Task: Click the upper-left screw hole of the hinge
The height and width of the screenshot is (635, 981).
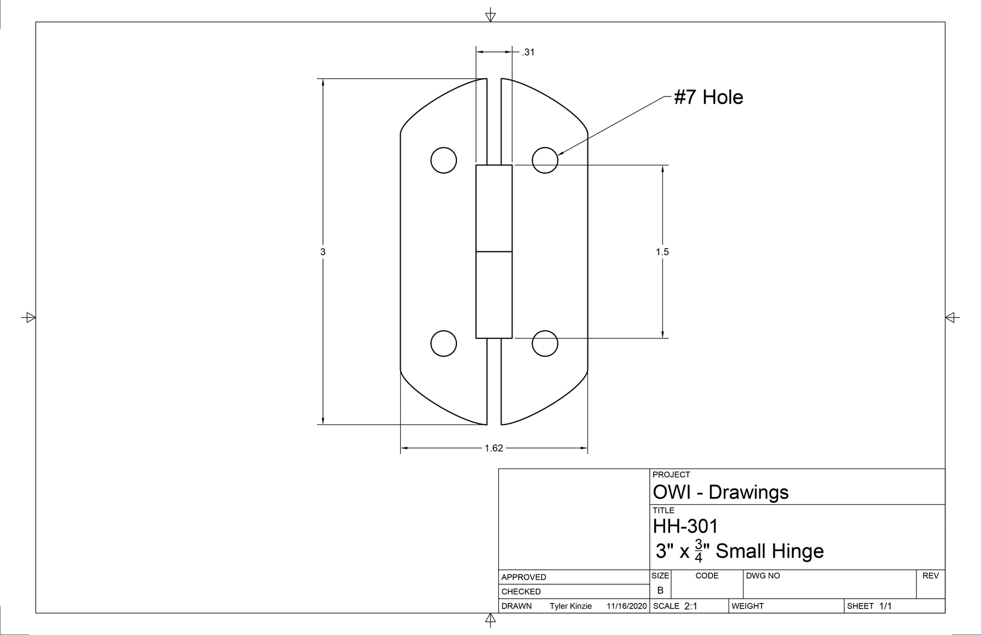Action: pyautogui.click(x=444, y=160)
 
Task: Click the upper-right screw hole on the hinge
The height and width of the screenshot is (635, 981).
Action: pyautogui.click(x=545, y=160)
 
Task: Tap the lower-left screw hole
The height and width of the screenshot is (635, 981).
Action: pyautogui.click(x=444, y=343)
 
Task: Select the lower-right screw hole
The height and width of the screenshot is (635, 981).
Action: pyautogui.click(x=545, y=343)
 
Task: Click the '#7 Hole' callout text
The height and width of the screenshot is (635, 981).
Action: pyautogui.click(x=709, y=98)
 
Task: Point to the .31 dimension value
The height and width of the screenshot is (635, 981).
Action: pyautogui.click(x=528, y=52)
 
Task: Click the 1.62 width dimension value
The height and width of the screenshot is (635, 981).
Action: pyautogui.click(x=494, y=448)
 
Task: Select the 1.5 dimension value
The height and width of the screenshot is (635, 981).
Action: pyautogui.click(x=662, y=252)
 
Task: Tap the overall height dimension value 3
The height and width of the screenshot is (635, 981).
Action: pyautogui.click(x=323, y=252)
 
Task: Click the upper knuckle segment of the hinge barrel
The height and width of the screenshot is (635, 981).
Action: pyautogui.click(x=494, y=208)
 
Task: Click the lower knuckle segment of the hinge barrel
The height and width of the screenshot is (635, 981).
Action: pyautogui.click(x=494, y=295)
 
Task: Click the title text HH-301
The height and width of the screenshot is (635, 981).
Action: pyautogui.click(x=686, y=526)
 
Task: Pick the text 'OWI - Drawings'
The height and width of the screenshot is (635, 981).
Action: pyautogui.click(x=720, y=492)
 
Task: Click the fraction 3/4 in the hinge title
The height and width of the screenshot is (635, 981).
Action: pyautogui.click(x=698, y=551)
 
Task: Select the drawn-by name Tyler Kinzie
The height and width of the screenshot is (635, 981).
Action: pyautogui.click(x=570, y=606)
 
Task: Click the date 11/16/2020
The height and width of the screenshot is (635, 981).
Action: pyautogui.click(x=626, y=606)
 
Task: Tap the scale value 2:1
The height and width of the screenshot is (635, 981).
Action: pyautogui.click(x=691, y=606)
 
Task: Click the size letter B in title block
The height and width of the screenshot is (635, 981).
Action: pyautogui.click(x=660, y=590)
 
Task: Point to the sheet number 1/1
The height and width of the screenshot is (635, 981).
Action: pyautogui.click(x=885, y=606)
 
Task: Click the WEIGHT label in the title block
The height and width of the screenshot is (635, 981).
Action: pyautogui.click(x=747, y=606)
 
